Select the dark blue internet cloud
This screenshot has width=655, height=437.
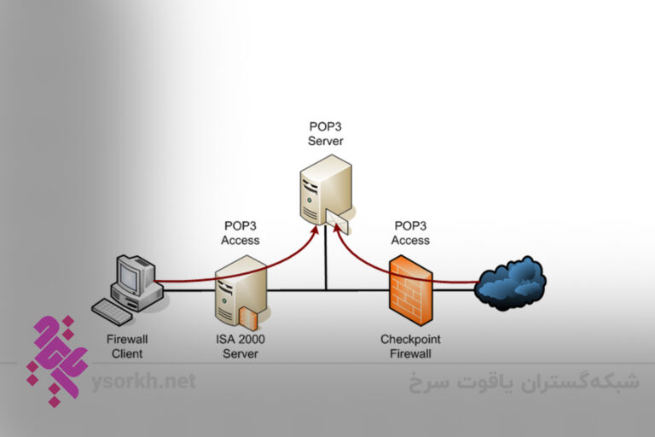511,282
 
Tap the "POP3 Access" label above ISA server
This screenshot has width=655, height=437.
241,233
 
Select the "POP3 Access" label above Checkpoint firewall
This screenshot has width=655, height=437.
411,233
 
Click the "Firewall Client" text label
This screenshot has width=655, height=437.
125,346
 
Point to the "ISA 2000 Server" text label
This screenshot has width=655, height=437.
240,346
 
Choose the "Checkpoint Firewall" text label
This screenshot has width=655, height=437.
410,346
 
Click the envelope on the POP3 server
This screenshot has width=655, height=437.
335,224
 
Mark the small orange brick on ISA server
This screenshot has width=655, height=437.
248,318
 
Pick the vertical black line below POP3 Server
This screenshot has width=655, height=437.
325,265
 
